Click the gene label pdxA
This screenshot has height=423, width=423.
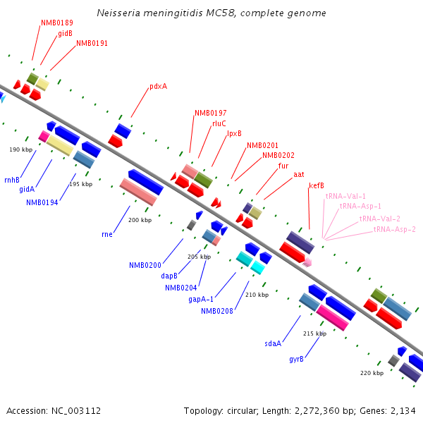pos(158,87)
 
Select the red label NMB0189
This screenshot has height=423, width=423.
pos(57,23)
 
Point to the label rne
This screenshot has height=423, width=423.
pos(107,234)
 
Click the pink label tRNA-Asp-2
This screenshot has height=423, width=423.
pos(394,229)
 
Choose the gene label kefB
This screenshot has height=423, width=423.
pos(317,185)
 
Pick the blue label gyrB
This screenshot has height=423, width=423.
pos(296,359)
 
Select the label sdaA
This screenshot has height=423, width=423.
pos(273,343)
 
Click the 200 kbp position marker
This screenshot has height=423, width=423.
pos(140,220)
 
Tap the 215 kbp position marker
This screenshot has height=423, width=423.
pos(314,333)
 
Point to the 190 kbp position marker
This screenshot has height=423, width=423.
pos(21,149)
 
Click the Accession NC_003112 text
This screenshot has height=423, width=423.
pos(54,410)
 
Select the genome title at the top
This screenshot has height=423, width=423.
pos(211,13)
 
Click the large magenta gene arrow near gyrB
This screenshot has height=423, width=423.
pos(332,317)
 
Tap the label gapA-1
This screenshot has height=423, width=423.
pos(201,299)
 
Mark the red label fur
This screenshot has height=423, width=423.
pos(283,166)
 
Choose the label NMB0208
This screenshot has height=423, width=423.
pos(217,311)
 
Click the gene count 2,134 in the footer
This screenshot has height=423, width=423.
pos(403,410)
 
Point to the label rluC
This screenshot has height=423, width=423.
pos(219,123)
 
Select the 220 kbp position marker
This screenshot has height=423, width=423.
pos(372,372)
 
